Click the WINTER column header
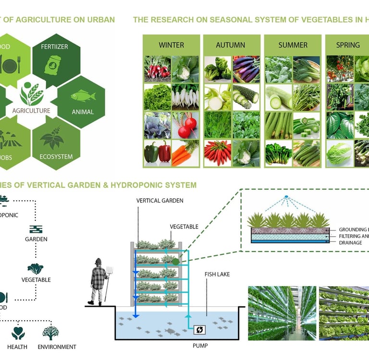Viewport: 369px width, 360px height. pyautogui.click(x=171, y=45)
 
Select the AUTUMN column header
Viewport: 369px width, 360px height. pyautogui.click(x=231, y=45)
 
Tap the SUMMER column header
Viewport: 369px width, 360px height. pyautogui.click(x=293, y=45)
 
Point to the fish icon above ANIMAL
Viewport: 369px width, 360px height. pyautogui.click(x=83, y=96)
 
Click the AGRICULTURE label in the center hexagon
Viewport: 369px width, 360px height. pyautogui.click(x=31, y=111)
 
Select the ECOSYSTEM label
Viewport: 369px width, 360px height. pyautogui.click(x=53, y=156)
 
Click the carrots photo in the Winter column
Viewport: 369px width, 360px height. pyautogui.click(x=185, y=153)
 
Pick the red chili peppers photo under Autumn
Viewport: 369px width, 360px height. pyautogui.click(x=217, y=153)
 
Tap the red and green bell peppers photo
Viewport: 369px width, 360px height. pyautogui.click(x=157, y=153)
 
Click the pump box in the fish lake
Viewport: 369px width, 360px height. pyautogui.click(x=198, y=330)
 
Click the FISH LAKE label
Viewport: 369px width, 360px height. pyautogui.click(x=217, y=274)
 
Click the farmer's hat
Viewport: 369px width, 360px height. pyautogui.click(x=98, y=262)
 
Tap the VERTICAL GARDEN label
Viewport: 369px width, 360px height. pyautogui.click(x=160, y=201)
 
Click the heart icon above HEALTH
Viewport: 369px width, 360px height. pyautogui.click(x=18, y=332)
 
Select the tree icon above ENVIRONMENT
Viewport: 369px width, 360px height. pyautogui.click(x=51, y=332)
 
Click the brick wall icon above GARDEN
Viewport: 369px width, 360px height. pyautogui.click(x=36, y=229)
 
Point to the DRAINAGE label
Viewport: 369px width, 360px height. pyautogui.click(x=353, y=243)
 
